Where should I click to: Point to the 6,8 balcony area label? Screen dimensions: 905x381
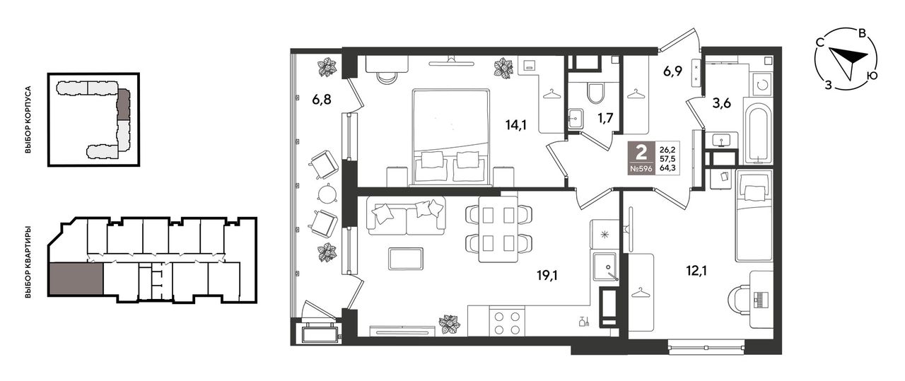point(322,100)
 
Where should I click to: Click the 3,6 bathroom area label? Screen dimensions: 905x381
point(722,103)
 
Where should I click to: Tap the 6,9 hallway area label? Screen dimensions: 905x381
point(672,71)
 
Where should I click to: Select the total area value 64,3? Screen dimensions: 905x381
point(668,168)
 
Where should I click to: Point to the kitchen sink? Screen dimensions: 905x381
point(605,266)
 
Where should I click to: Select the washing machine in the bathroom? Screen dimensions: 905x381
point(762,84)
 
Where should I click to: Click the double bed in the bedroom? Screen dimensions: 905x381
point(451,137)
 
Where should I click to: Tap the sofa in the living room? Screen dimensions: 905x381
point(407,216)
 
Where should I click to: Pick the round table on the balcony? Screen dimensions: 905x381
point(327,194)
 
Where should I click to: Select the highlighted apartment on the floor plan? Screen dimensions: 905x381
point(76,279)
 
